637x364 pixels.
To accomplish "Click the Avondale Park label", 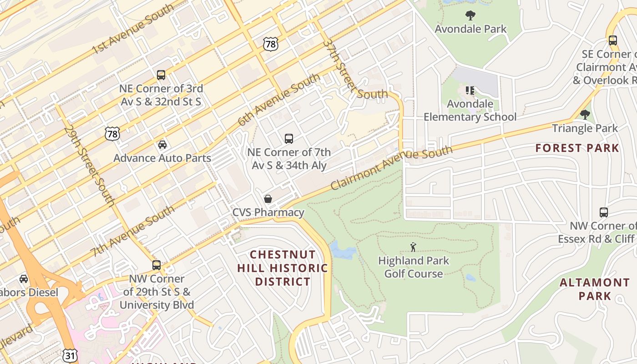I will pos(470,29).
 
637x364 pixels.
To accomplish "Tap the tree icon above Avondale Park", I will pos(470,15).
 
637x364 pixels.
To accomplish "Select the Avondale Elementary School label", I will pos(470,110).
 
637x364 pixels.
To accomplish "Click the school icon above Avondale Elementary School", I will pos(470,91).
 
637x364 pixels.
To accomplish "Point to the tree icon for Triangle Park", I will pos(585,114).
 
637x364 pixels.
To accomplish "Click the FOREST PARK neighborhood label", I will pos(577,148).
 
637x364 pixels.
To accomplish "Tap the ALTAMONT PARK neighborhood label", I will pos(594,289).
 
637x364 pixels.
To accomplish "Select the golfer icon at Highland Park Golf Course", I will pos(413,247).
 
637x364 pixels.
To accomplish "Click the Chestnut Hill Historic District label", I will pos(283,268).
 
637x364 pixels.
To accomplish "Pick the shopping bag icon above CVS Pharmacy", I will pos(268,199).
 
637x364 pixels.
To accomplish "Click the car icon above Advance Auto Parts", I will pos(162,145).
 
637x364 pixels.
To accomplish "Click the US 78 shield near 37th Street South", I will pos(270,44).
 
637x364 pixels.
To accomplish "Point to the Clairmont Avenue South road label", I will pos(391,167).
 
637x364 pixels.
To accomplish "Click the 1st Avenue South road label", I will pos(133,29).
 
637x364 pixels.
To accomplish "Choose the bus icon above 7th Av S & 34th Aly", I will pos(288,139).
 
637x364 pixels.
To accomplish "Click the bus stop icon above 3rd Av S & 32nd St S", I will pos(161,75).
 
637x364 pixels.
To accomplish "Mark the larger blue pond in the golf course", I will pos(343,250).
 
